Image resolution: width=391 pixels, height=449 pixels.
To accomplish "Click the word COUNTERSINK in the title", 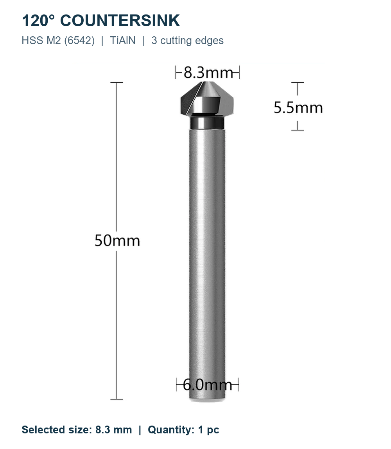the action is click(120, 21).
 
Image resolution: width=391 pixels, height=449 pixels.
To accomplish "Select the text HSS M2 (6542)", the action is click(58, 41).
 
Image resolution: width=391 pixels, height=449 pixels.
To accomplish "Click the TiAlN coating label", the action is click(123, 41).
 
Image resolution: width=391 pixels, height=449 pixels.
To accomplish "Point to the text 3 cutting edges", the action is click(187, 41).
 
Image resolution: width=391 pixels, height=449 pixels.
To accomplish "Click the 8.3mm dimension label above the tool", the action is click(208, 73).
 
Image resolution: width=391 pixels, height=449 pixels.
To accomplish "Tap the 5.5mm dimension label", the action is click(298, 108).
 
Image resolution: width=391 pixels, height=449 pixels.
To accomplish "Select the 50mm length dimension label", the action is click(117, 241).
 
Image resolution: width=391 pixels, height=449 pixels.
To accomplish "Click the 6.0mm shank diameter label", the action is click(207, 385).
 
